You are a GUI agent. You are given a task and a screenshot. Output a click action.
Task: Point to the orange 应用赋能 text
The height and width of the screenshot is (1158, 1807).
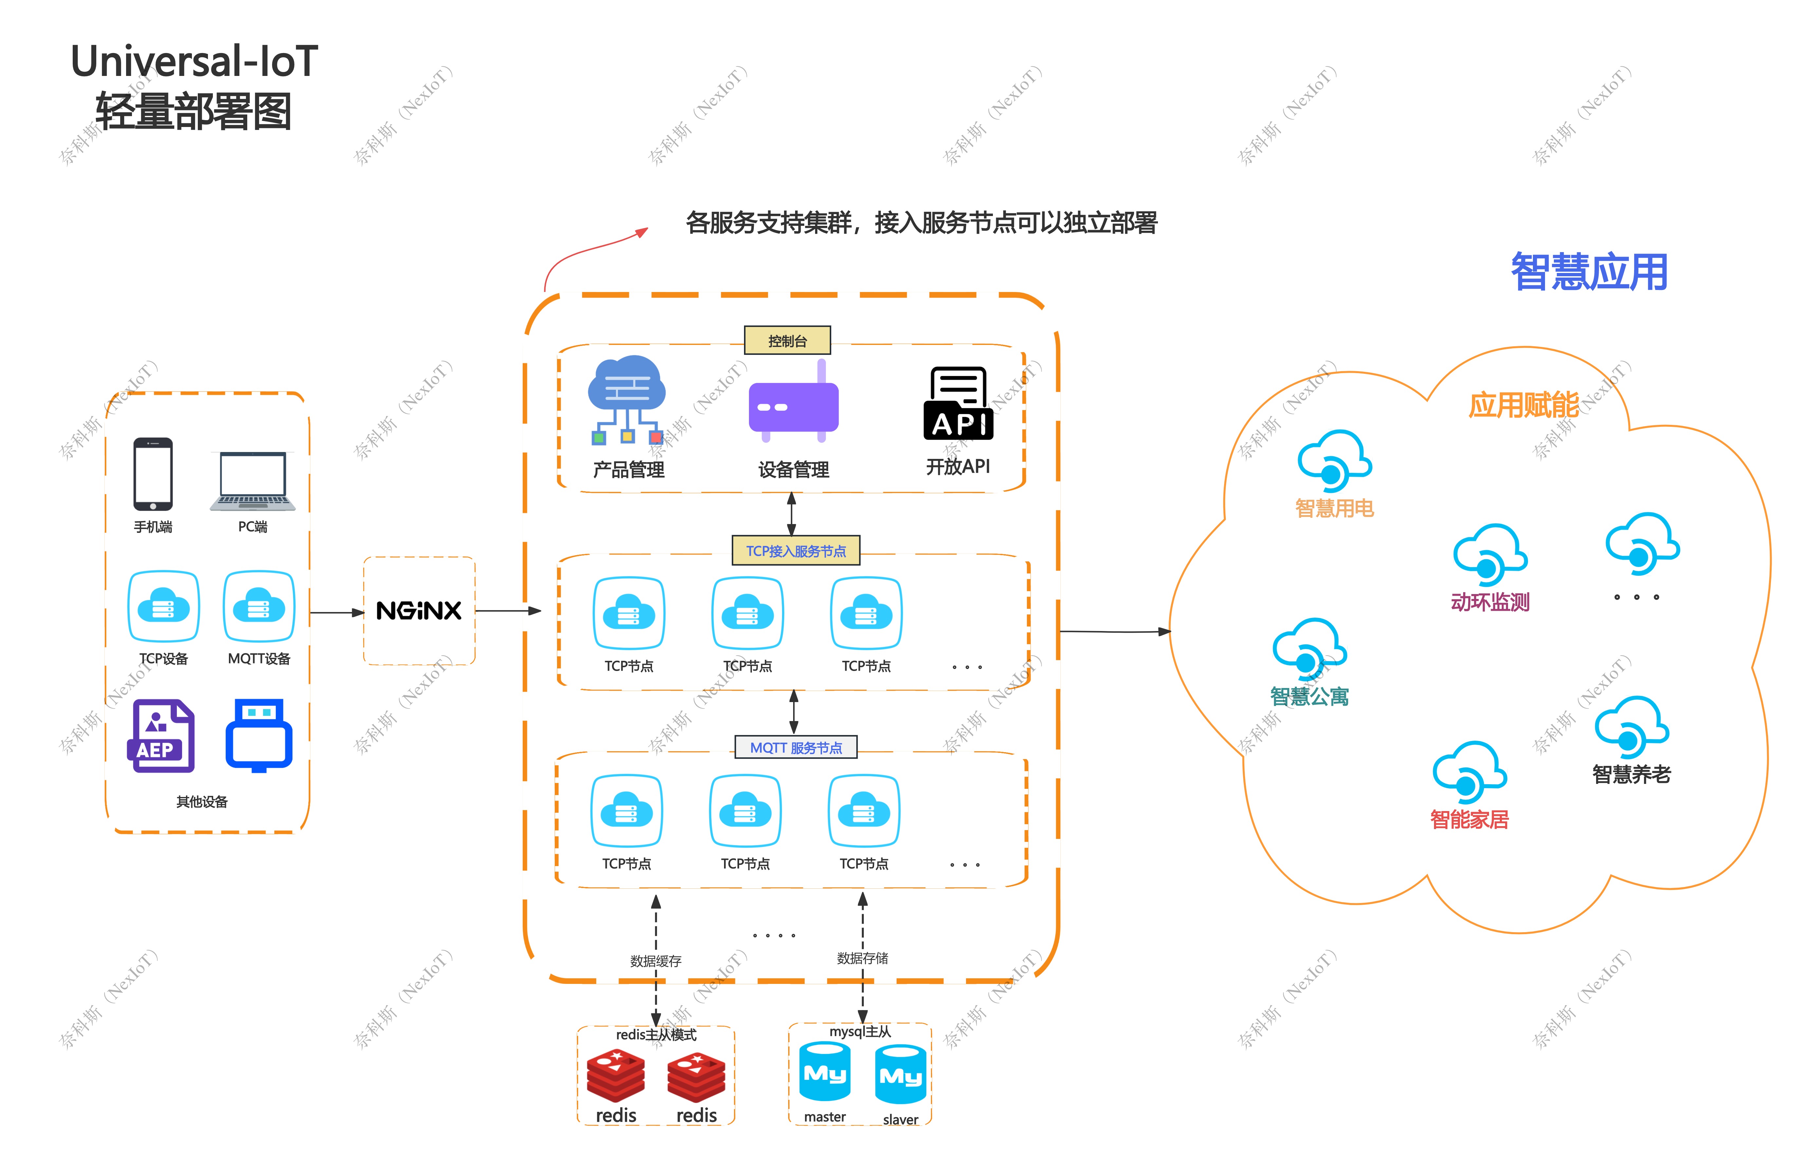tap(1523, 405)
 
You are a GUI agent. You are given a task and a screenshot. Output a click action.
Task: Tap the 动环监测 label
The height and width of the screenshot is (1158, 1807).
tap(1490, 602)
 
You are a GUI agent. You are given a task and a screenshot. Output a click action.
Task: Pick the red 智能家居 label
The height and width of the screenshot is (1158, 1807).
tap(1469, 819)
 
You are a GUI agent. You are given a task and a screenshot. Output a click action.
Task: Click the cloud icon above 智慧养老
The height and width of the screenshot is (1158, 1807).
tap(1631, 727)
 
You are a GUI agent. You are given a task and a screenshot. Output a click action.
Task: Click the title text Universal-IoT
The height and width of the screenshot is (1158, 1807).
tap(194, 62)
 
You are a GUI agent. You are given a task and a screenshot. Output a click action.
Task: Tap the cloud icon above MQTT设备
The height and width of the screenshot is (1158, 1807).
tap(259, 606)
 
